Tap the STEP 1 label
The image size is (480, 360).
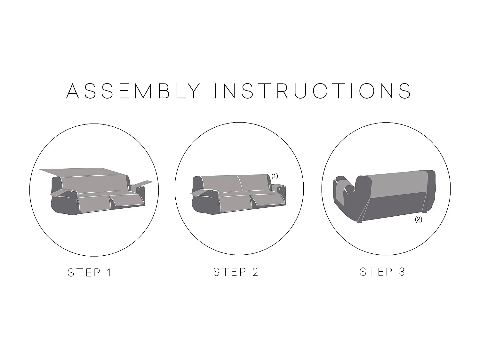pyautogui.click(x=90, y=273)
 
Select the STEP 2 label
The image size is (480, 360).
pyautogui.click(x=236, y=272)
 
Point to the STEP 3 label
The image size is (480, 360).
pyautogui.click(x=382, y=272)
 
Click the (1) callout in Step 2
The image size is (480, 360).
pyautogui.click(x=275, y=176)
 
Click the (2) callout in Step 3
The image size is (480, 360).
pyautogui.click(x=419, y=219)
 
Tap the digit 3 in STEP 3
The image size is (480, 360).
pyautogui.click(x=402, y=272)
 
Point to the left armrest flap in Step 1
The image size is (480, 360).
pyautogui.click(x=57, y=194)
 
